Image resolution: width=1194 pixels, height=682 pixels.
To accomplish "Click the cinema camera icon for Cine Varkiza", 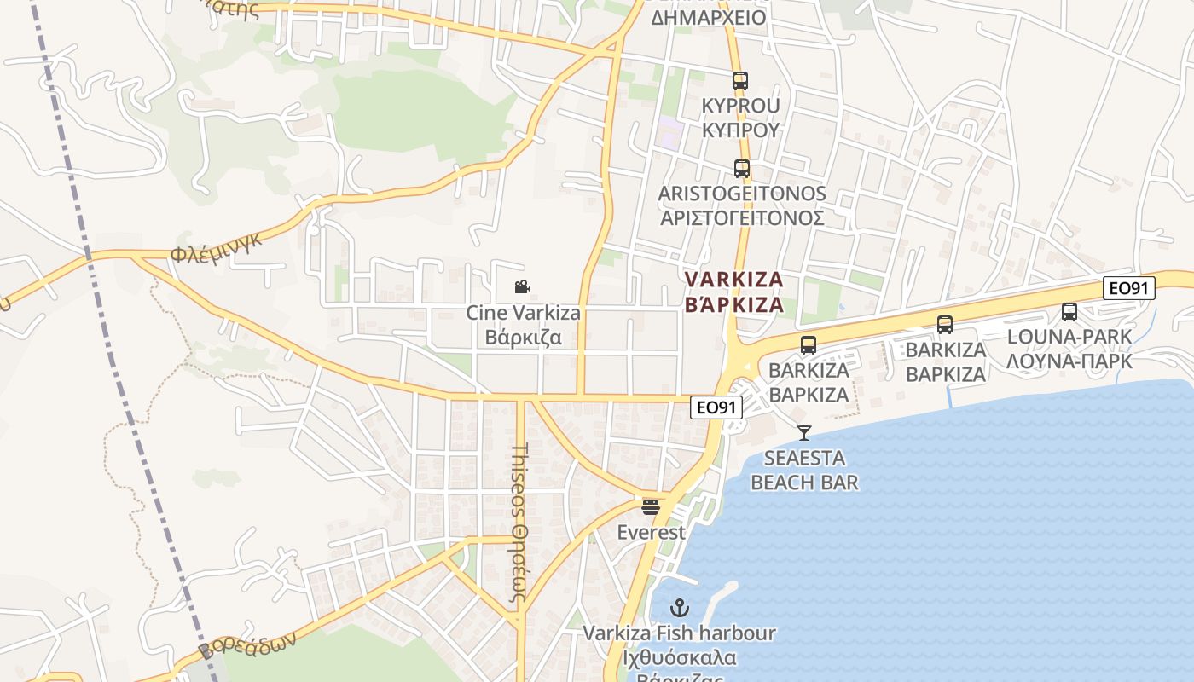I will [523, 287].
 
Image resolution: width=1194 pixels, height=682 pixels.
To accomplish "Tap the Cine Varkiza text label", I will [523, 325].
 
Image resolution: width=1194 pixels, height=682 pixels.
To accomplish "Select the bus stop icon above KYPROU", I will [740, 82].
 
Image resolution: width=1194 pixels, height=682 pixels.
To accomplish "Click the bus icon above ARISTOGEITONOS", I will [742, 169].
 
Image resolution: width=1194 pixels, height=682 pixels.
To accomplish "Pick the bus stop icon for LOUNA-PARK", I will [1069, 312].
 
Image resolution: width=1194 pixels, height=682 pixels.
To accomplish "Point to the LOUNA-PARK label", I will [1069, 349].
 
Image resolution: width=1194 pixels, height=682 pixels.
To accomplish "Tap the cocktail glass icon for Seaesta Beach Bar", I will [804, 433].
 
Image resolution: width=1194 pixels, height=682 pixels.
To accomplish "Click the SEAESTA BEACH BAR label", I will [804, 471].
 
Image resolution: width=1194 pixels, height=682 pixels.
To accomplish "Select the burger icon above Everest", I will [652, 507].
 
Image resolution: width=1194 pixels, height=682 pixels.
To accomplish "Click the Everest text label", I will [652, 533].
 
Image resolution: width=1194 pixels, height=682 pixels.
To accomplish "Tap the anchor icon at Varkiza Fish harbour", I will [680, 608].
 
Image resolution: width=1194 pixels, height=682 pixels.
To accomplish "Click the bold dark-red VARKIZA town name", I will [733, 292].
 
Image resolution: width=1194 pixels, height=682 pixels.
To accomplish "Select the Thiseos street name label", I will [520, 522].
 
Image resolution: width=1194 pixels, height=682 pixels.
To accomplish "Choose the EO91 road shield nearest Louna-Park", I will [1129, 288].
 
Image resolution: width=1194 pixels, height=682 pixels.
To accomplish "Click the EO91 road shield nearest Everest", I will [716, 407].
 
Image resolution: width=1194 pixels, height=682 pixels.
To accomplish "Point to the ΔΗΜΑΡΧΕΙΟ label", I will [709, 17].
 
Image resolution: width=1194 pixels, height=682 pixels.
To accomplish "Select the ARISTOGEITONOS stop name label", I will [742, 205].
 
